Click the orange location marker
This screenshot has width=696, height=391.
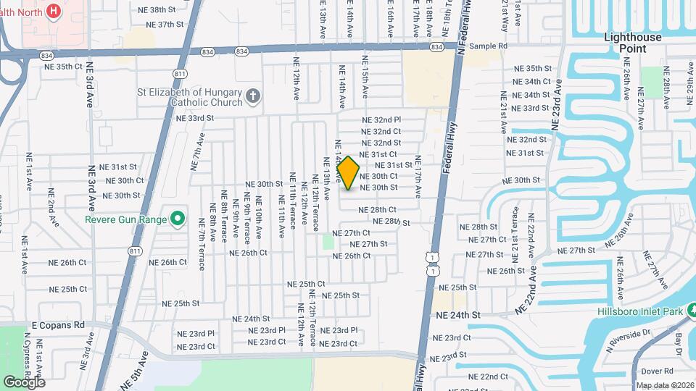tap(349, 172)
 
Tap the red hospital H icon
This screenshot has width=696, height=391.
tap(53, 11)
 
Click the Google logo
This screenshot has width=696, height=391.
tap(25, 382)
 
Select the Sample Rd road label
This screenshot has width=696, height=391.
tap(488, 46)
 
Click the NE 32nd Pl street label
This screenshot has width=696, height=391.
tap(382, 119)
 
